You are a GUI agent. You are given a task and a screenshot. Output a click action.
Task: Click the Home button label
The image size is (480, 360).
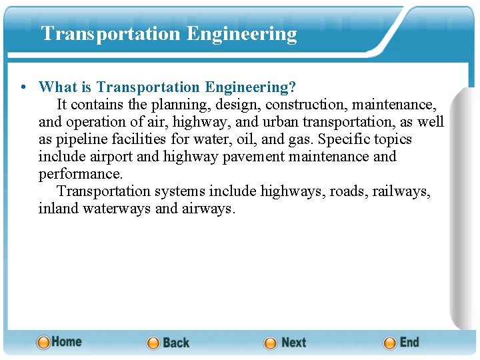[x=67, y=341]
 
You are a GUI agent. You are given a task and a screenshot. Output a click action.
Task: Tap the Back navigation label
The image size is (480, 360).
[x=176, y=343]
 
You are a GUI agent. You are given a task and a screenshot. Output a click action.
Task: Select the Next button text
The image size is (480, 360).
[x=293, y=343]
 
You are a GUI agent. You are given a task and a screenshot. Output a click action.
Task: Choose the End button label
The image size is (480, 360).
[x=409, y=342]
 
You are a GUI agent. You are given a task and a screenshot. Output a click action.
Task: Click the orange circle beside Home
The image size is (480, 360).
[x=43, y=342]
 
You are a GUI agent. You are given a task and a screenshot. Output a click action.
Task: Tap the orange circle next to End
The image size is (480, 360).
[x=390, y=343]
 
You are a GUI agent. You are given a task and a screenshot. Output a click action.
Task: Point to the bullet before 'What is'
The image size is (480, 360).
[x=23, y=87]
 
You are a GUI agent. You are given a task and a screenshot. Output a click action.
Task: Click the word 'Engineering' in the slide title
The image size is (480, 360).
[x=242, y=33]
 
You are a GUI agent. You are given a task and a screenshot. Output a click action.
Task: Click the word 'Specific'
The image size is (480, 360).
[x=345, y=139]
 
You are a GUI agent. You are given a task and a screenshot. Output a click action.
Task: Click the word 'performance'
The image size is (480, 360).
[x=81, y=174]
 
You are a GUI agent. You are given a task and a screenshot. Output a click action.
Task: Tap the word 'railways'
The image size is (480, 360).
[x=401, y=191]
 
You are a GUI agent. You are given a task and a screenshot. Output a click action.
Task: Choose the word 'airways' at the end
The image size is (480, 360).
[x=208, y=209]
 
